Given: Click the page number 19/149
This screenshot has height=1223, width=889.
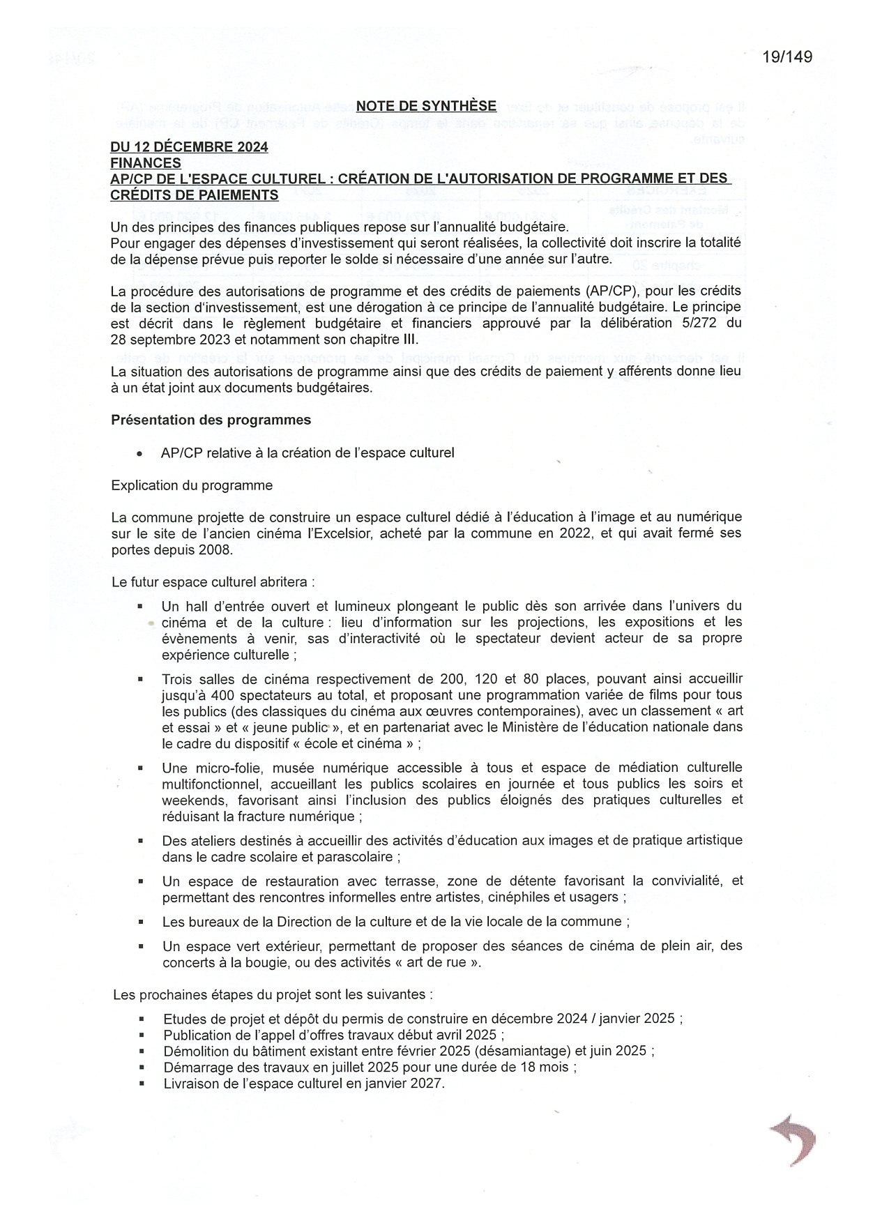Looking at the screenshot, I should coord(787,57).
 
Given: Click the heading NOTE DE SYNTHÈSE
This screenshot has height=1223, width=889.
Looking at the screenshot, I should coord(426,106).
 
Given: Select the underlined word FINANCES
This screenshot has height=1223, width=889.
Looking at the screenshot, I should coord(146,163).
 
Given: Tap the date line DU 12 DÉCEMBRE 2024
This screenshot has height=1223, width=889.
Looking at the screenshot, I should coord(189,147).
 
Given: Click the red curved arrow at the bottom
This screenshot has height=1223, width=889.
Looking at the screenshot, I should coord(794,1139).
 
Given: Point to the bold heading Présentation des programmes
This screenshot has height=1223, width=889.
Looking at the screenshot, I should coord(211,420).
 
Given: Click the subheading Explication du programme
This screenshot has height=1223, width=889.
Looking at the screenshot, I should coord(192,485).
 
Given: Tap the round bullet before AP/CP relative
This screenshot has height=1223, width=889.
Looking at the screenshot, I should coord(140,453).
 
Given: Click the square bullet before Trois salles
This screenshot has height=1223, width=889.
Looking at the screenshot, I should coord(140,678).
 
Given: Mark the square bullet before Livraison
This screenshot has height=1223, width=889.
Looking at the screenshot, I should coord(142,1084).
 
